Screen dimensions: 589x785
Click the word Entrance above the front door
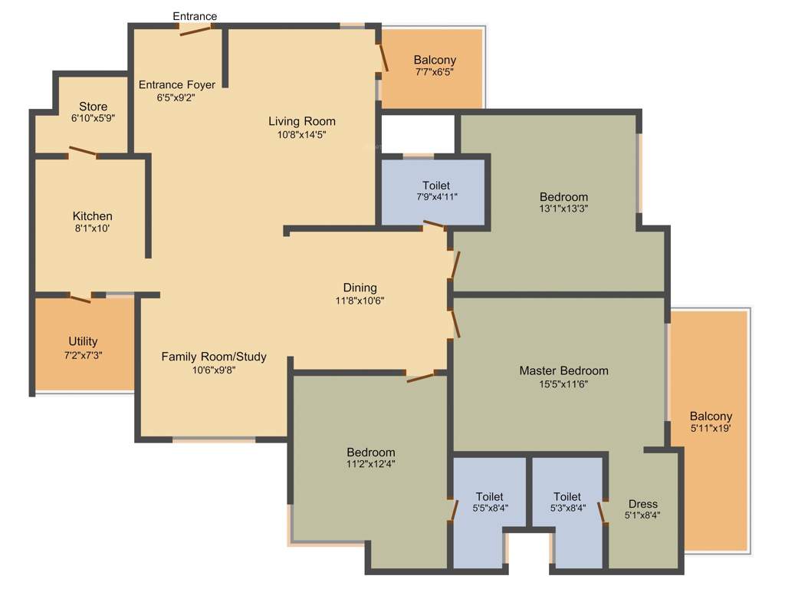pyautogui.click(x=194, y=16)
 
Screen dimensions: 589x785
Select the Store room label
pyautogui.click(x=93, y=107)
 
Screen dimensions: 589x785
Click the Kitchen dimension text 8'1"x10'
pyautogui.click(x=92, y=229)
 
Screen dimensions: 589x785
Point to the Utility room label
pyautogui.click(x=83, y=341)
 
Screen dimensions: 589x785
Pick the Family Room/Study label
pyautogui.click(x=214, y=357)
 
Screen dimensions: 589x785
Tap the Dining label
pyautogui.click(x=360, y=288)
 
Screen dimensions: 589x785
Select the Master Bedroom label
pyautogui.click(x=563, y=371)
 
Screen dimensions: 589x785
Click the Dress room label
pyautogui.click(x=642, y=504)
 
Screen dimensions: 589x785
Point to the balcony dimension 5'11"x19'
pyautogui.click(x=709, y=429)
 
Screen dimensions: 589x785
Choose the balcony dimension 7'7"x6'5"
pyautogui.click(x=434, y=72)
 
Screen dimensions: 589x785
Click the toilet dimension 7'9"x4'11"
pyautogui.click(x=435, y=198)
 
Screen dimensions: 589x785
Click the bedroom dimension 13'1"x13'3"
pyautogui.click(x=563, y=208)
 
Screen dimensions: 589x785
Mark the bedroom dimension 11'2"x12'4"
pyautogui.click(x=370, y=464)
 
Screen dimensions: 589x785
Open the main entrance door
pyautogui.click(x=195, y=30)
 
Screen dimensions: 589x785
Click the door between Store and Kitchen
pyautogui.click(x=83, y=153)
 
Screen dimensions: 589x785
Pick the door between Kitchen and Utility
pyautogui.click(x=80, y=297)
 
